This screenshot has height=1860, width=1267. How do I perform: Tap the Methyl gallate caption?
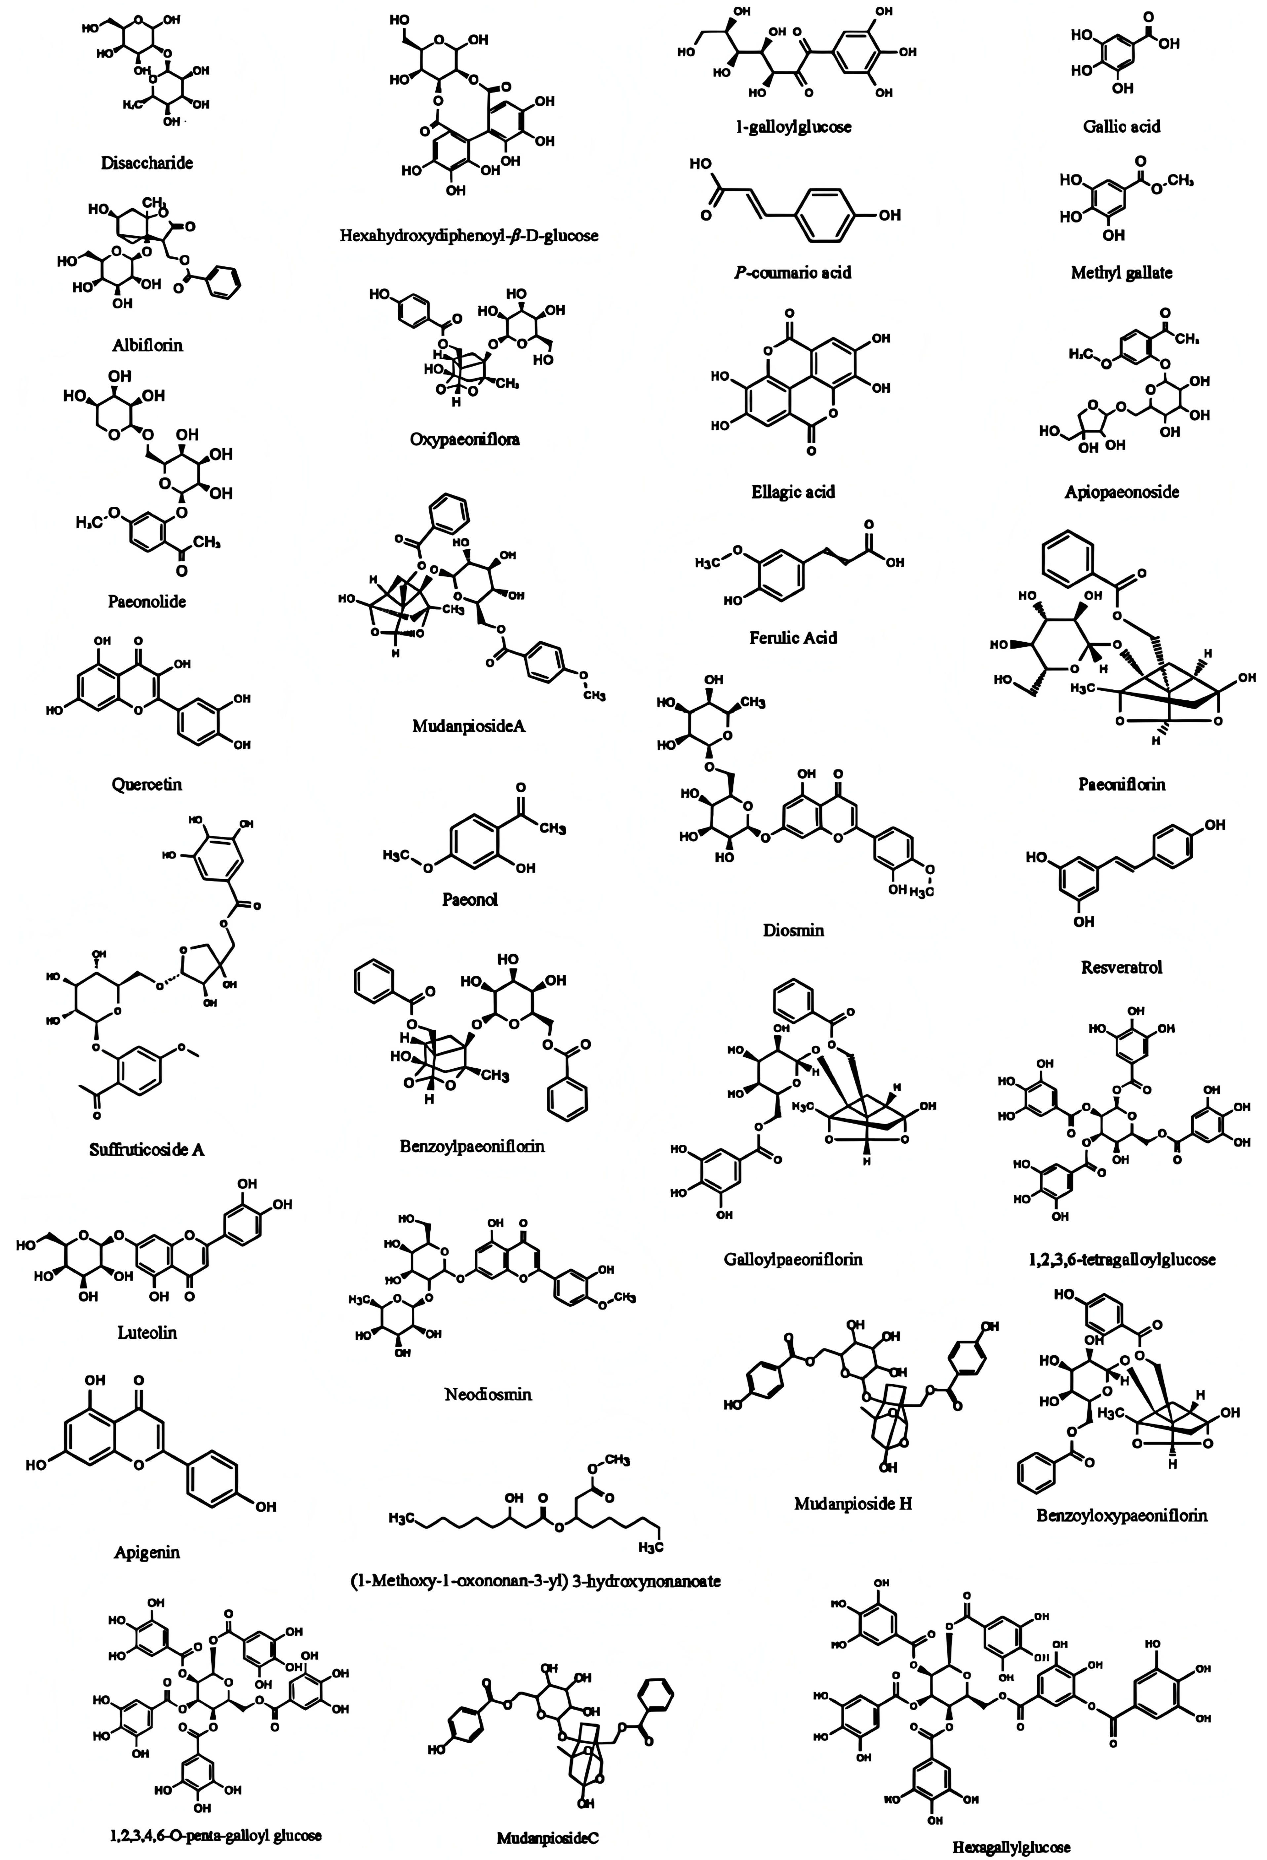click(x=1121, y=273)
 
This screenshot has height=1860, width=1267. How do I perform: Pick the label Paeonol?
click(x=470, y=899)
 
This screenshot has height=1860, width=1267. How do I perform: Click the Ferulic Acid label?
click(x=792, y=638)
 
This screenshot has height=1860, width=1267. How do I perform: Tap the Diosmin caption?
click(x=792, y=930)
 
